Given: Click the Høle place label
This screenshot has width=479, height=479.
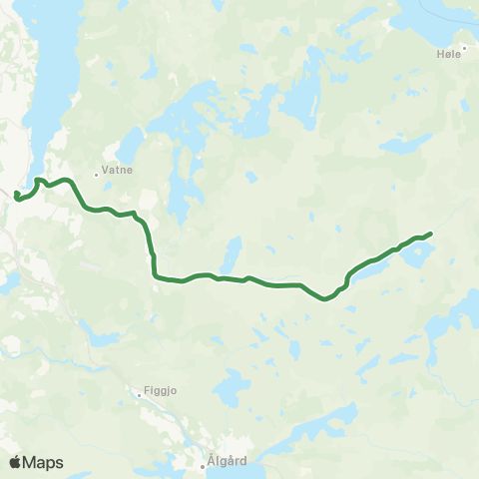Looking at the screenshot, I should (451, 55).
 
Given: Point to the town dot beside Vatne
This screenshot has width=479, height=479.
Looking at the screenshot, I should (97, 174).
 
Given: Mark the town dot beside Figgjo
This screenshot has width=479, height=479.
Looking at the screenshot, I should (140, 394).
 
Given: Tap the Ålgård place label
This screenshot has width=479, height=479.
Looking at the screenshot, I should (220, 462).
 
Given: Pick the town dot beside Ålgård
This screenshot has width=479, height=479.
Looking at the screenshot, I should (202, 462).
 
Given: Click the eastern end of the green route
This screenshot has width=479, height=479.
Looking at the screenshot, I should (430, 234).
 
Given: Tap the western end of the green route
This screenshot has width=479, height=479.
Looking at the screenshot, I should (17, 195).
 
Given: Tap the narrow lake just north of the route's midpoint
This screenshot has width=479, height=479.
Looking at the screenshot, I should (232, 255).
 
